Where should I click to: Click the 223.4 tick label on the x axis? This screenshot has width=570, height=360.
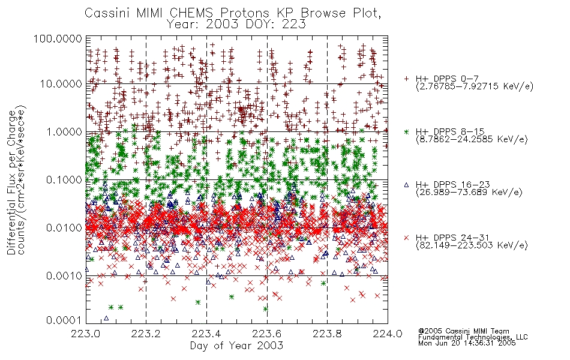[206, 334]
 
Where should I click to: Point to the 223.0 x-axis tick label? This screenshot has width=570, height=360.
[86, 334]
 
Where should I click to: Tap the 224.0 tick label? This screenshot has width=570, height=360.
[388, 334]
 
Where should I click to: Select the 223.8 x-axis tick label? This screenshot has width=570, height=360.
[327, 334]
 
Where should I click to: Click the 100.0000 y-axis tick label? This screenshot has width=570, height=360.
[58, 38]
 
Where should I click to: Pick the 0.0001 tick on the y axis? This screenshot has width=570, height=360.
[64, 320]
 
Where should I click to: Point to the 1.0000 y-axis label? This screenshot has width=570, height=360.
[64, 131]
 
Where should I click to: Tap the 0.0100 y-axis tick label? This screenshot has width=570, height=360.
[64, 228]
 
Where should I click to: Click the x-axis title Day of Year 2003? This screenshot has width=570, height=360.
[236, 346]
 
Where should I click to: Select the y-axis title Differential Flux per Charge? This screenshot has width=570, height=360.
[12, 182]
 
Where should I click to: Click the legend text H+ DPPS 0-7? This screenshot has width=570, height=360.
[447, 79]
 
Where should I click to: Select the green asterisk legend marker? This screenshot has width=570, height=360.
[406, 131]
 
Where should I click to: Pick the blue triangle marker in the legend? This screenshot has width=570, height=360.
[406, 185]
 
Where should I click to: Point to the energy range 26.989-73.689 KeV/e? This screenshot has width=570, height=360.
[469, 193]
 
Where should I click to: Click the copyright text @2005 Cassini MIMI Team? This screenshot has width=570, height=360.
[464, 331]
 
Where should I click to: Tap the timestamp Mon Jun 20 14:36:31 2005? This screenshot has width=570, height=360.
[467, 343]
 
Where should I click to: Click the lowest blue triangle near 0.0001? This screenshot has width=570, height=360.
[106, 318]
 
